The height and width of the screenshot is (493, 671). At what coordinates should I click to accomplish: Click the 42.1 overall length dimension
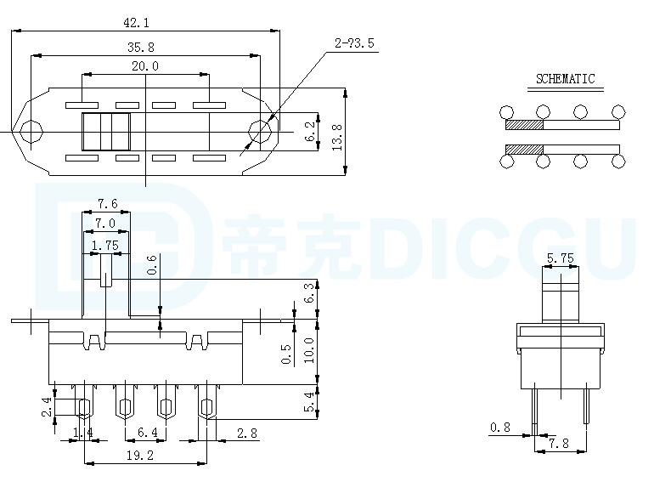(x=136, y=23)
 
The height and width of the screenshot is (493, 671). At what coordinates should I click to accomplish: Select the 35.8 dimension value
(x=141, y=47)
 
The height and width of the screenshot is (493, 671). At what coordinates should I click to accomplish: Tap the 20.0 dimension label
(x=145, y=66)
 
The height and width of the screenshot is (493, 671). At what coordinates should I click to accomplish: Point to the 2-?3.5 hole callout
(x=354, y=42)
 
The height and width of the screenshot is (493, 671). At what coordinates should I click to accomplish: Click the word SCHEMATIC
(x=566, y=79)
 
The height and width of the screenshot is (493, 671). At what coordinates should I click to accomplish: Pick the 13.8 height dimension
(x=337, y=137)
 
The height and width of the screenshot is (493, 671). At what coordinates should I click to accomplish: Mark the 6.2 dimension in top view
(x=310, y=131)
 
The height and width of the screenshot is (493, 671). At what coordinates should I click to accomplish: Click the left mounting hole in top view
(x=31, y=132)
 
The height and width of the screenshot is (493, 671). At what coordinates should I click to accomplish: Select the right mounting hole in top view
(x=260, y=132)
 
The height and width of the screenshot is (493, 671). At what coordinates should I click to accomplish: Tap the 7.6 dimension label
(x=107, y=203)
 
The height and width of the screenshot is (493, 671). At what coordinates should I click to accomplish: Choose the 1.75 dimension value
(x=105, y=246)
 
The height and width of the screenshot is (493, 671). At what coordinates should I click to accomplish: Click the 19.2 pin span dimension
(x=140, y=456)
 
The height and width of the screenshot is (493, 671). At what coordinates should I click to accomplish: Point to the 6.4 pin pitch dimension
(x=148, y=433)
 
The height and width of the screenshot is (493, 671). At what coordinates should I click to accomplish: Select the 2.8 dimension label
(x=247, y=433)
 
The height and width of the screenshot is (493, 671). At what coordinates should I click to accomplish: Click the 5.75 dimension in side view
(x=561, y=258)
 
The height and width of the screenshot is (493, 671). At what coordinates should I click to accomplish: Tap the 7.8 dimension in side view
(x=559, y=444)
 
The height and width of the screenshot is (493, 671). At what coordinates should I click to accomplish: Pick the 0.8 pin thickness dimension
(x=500, y=428)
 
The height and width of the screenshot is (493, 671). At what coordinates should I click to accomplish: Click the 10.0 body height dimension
(x=309, y=350)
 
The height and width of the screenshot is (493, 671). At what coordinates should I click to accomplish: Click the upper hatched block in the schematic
(x=524, y=125)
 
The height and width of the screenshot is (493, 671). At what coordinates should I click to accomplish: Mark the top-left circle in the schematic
(x=506, y=113)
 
